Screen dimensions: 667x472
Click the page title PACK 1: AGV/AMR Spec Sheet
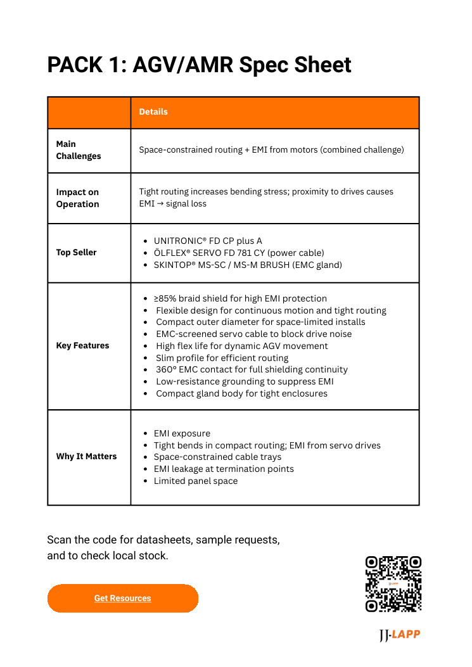coord(199,65)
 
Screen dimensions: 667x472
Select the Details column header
coord(153,111)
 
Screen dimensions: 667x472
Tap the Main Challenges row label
coord(79,150)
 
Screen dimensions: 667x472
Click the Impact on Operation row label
coord(77,198)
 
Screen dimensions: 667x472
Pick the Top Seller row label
coord(76,252)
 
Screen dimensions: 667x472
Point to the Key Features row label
coord(82,345)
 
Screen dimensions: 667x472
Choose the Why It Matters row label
coord(86,456)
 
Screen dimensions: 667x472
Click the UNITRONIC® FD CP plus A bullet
coord(208,241)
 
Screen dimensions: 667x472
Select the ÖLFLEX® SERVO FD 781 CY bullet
coord(239,253)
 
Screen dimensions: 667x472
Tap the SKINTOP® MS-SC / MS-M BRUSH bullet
coord(247,265)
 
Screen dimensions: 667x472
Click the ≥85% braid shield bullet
coord(240,298)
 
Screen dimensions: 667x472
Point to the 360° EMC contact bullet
coord(252,369)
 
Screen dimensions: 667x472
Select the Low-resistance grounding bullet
coord(245,381)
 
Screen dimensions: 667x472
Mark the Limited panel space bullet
coord(196,481)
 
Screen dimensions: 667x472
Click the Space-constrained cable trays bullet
coord(217,457)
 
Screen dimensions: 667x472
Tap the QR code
coord(393,584)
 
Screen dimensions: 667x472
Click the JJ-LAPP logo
coord(399,635)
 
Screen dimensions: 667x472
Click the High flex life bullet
coord(242,346)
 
